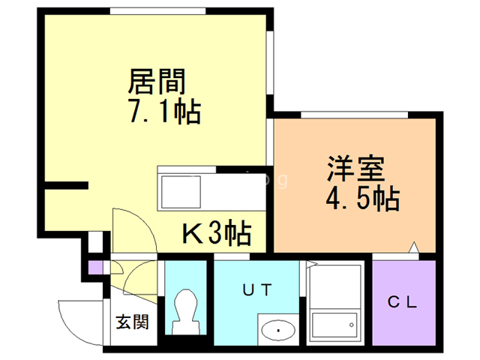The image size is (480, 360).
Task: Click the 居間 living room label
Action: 157,79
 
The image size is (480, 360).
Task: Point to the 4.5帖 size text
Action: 361,199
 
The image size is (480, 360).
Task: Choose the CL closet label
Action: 402,302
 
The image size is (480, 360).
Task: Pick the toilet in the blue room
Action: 184,310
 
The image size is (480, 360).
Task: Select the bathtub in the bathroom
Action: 334,325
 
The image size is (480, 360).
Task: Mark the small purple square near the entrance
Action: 94,267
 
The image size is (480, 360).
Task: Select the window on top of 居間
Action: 157,10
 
